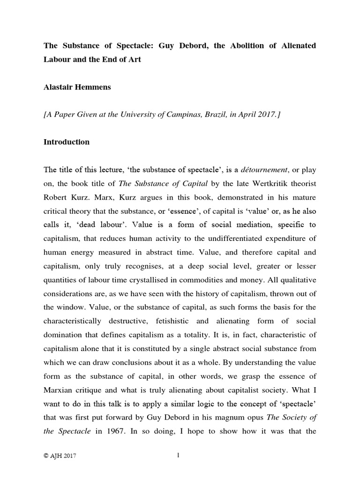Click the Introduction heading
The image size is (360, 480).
(x=67, y=142)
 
